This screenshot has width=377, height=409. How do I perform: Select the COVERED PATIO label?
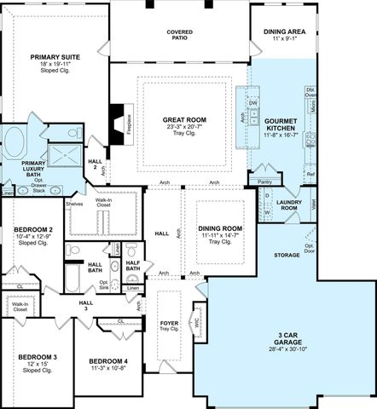[x=179, y=33]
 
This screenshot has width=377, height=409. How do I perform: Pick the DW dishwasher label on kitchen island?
[x=253, y=103]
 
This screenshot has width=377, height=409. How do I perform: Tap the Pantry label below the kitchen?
[x=264, y=181]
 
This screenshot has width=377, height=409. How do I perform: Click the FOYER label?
[x=170, y=324]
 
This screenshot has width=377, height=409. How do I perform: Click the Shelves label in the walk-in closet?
[x=73, y=204]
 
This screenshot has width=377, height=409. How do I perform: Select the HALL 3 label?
[x=86, y=304]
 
